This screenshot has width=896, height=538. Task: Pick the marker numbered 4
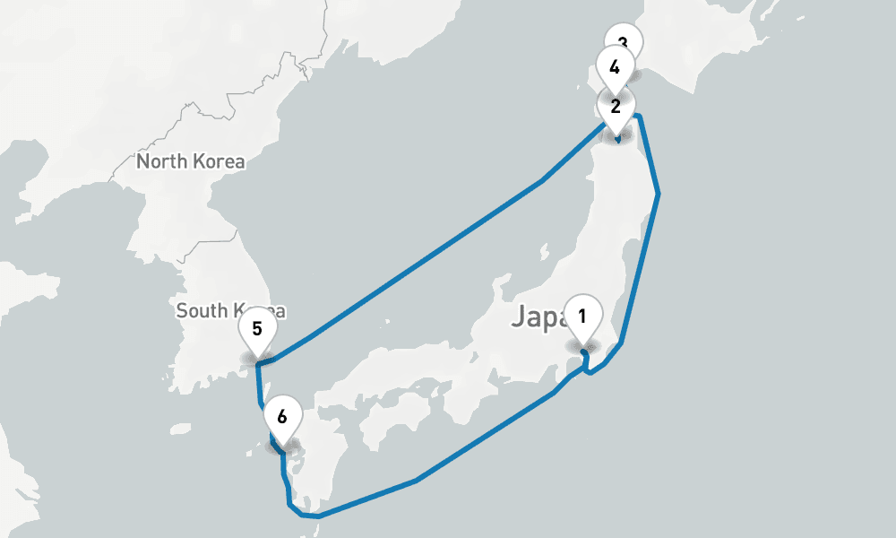point(615,68)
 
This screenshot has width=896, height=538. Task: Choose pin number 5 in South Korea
point(257,329)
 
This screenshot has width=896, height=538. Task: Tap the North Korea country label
point(190,162)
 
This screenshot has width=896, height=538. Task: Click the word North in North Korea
point(160,162)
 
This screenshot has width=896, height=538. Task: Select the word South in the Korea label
point(201,311)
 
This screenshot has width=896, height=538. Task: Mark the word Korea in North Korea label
point(219,162)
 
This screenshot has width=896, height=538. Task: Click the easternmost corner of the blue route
point(659,193)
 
